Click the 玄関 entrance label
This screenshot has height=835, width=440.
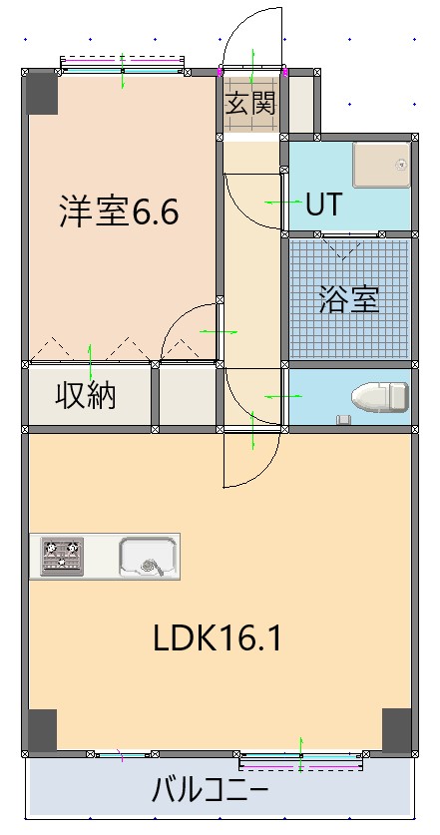(x=249, y=105)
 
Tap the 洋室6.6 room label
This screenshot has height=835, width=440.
(x=119, y=211)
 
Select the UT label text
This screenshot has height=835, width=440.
(x=323, y=205)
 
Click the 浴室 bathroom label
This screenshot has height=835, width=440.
(x=348, y=299)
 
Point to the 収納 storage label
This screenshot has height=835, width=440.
(x=86, y=395)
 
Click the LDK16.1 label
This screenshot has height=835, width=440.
(x=217, y=638)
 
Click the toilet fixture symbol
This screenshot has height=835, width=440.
(x=381, y=397)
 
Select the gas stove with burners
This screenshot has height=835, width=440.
(x=62, y=557)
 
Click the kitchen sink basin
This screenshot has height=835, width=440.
(x=148, y=556)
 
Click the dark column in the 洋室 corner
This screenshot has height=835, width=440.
(x=43, y=93)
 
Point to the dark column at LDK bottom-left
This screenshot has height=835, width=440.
(x=42, y=730)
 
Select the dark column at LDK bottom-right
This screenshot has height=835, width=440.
(x=396, y=730)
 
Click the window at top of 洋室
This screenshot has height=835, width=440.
(x=123, y=66)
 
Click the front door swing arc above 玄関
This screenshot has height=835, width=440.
(x=251, y=35)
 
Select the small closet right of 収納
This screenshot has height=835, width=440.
(x=188, y=395)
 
